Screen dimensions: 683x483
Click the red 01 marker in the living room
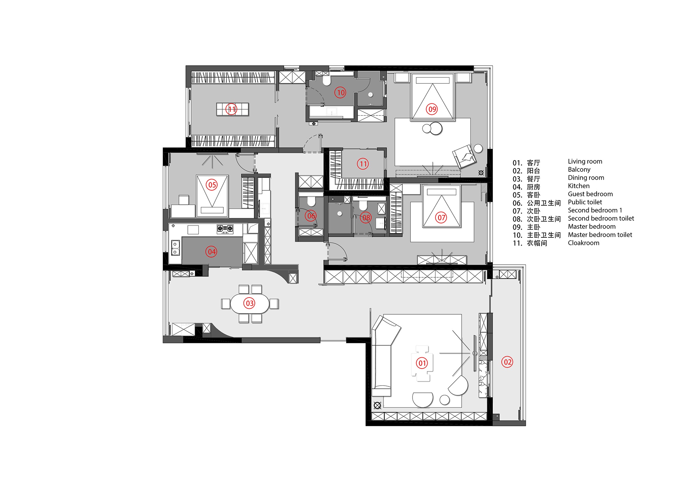click(x=422, y=363)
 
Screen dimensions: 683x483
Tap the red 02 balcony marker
click(x=507, y=362)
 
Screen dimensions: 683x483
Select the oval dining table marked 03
click(x=250, y=303)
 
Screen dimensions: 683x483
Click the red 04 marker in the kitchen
click(x=211, y=252)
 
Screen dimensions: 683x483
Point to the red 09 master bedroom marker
click(x=432, y=109)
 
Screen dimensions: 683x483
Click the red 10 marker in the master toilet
click(x=340, y=93)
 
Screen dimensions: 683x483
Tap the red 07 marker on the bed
click(x=441, y=218)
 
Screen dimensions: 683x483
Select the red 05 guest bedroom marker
click(x=212, y=185)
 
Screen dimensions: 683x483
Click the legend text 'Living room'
click(x=585, y=162)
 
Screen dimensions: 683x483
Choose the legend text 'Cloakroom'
click(x=584, y=243)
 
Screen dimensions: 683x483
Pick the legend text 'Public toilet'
click(x=585, y=202)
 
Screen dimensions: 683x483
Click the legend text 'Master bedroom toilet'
click(x=600, y=235)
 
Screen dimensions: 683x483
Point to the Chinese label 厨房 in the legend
click(x=533, y=187)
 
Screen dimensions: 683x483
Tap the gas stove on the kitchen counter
click(x=225, y=229)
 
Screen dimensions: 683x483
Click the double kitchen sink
click(x=176, y=248)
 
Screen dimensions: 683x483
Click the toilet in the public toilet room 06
click(x=311, y=201)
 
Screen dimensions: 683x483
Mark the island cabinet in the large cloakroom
click(x=233, y=109)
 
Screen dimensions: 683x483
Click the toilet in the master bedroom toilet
click(x=326, y=80)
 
